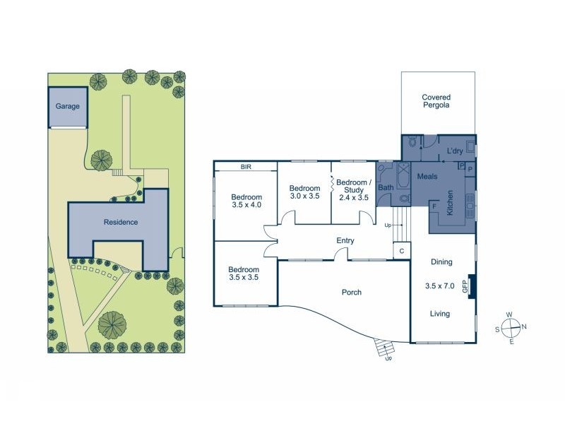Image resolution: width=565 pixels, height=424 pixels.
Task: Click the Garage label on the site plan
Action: pos(67,107)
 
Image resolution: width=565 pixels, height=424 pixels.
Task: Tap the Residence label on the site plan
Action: pos(121,222)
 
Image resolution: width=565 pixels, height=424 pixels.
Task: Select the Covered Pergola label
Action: pos(436,101)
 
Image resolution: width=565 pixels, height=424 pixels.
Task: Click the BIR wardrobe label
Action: pos(246,167)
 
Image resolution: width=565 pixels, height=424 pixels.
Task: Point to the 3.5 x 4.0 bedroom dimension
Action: pos(246,205)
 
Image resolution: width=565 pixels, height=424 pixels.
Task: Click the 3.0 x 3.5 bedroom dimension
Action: pos(305,196)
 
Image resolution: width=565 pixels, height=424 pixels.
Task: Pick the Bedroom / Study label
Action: pos(354,186)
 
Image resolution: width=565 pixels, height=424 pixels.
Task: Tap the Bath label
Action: pos(386,187)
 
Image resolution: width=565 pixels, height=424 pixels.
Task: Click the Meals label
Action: pos(427,176)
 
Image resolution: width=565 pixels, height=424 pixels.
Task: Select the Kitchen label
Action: pos(450,203)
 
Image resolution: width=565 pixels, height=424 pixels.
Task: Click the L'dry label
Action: pos(455,151)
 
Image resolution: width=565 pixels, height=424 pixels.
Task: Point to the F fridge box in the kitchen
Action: pos(434,206)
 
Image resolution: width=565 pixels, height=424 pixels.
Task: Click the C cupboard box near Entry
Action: pos(402,251)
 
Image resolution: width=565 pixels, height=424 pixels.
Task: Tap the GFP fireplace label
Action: pos(465,287)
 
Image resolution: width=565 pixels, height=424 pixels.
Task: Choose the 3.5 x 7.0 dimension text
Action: pos(439,286)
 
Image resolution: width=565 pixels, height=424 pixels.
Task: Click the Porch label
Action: pos(351,293)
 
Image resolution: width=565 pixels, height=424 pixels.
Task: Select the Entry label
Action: pos(345,240)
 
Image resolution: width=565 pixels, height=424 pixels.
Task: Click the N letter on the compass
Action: pos(524,326)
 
